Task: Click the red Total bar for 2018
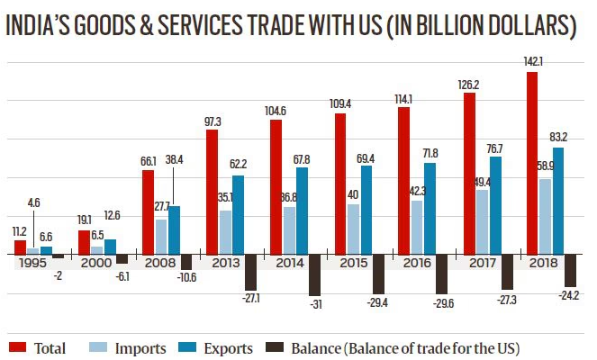point(532,162)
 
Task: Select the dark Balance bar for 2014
point(315,274)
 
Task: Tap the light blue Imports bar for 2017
point(483,221)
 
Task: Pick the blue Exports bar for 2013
point(238,214)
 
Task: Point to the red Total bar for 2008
point(148,211)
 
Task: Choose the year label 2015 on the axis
point(348,264)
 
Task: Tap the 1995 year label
point(32,264)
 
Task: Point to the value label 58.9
point(543,168)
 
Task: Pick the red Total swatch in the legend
point(16,346)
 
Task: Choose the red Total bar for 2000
point(84,242)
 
